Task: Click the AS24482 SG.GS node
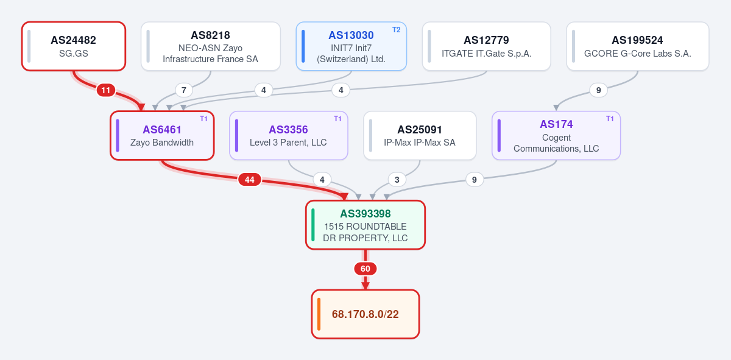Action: [x=74, y=46]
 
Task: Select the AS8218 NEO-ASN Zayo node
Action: [x=211, y=46]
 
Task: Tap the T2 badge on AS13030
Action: [x=396, y=30]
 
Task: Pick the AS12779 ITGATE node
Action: [x=486, y=46]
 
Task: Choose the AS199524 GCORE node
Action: [x=638, y=46]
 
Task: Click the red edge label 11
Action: [x=106, y=90]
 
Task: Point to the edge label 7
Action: [x=184, y=90]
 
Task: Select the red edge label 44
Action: [x=250, y=180]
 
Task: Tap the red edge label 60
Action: [x=365, y=269]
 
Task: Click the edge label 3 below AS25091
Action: [x=397, y=180]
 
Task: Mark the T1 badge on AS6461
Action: [x=203, y=119]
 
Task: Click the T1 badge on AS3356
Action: [x=337, y=119]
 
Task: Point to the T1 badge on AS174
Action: [x=610, y=119]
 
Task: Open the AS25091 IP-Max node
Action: [x=420, y=135]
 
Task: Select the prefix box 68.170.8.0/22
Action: [x=365, y=314]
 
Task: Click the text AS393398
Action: [x=365, y=214]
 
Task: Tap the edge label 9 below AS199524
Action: [x=598, y=90]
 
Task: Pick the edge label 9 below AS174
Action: [x=474, y=180]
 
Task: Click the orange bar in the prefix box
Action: [x=319, y=314]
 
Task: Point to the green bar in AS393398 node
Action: [x=313, y=225]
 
